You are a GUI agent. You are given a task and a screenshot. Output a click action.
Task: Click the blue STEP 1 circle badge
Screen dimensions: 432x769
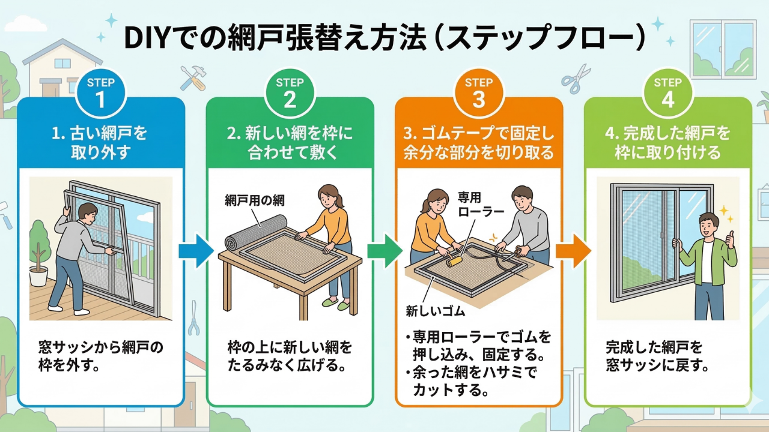[x=100, y=92]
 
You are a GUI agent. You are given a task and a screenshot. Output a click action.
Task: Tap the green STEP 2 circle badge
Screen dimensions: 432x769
[x=290, y=92]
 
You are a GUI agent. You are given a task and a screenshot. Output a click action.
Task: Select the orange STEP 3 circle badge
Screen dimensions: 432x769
[x=478, y=92]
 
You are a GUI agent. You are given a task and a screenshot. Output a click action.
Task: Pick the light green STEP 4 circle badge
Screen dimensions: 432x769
[x=667, y=92]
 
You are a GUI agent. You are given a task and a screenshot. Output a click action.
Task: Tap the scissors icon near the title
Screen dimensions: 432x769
[x=576, y=79]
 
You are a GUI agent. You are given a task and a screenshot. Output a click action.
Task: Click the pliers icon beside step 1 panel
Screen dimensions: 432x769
[x=193, y=318]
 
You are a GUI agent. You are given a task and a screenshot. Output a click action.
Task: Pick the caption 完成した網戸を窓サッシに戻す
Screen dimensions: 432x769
[x=655, y=356]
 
